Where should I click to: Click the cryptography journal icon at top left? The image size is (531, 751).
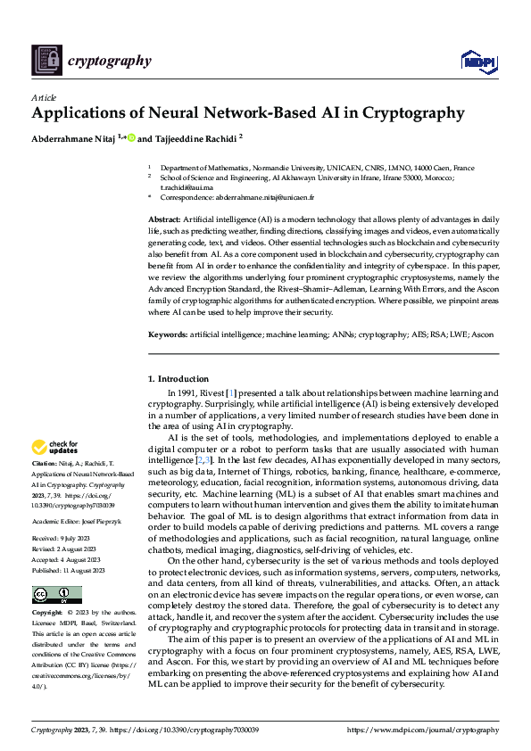pos(46,60)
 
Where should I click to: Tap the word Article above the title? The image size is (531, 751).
pos(44,97)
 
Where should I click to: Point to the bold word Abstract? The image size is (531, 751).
pos(164,219)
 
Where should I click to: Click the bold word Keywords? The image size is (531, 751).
pos(167,334)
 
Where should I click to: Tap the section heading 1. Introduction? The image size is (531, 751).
pos(178,379)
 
